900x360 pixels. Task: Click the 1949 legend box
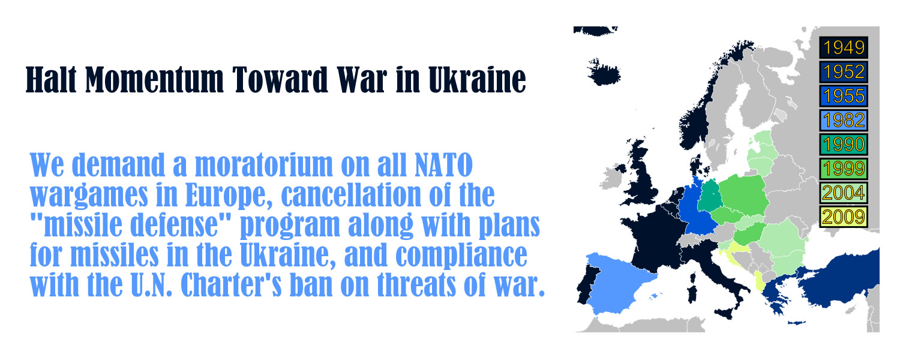pyautogui.click(x=844, y=47)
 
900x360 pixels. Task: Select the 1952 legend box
pyautogui.click(x=844, y=72)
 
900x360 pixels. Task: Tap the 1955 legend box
pyautogui.click(x=844, y=96)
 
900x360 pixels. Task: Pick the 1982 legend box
pyautogui.click(x=844, y=120)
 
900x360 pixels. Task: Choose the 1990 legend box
pyautogui.click(x=844, y=144)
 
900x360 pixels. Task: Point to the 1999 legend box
pyautogui.click(x=844, y=169)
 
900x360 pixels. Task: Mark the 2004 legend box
pyautogui.click(x=844, y=193)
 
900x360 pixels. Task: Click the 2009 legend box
pyautogui.click(x=844, y=217)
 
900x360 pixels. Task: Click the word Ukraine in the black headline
pyautogui.click(x=477, y=80)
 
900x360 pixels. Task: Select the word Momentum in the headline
pyautogui.click(x=154, y=80)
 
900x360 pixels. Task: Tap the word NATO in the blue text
pyautogui.click(x=443, y=165)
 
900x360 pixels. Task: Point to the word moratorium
pyautogui.click(x=264, y=165)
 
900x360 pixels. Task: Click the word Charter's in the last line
pyautogui.click(x=231, y=284)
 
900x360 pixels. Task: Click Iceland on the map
pyautogui.click(x=604, y=73)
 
